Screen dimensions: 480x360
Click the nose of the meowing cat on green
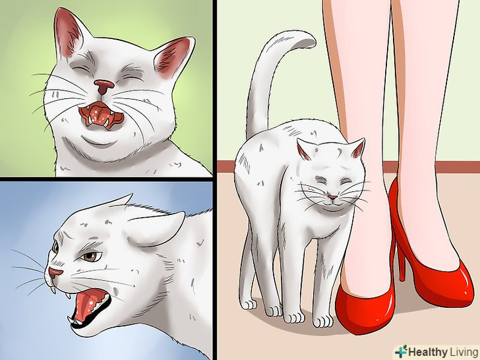tap(104, 86)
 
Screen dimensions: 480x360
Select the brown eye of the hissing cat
tap(90, 256)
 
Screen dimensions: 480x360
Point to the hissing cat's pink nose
tap(55, 272)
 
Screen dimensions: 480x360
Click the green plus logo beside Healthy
tap(401, 351)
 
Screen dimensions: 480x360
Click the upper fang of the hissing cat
tap(68, 295)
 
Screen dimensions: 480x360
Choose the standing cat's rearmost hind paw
tap(249, 304)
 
